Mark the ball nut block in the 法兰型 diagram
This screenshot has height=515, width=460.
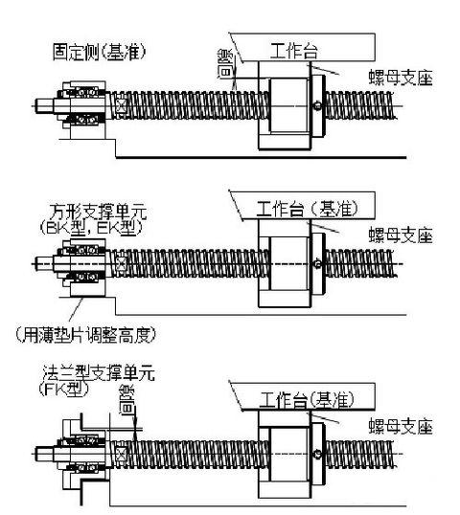[291, 453]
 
